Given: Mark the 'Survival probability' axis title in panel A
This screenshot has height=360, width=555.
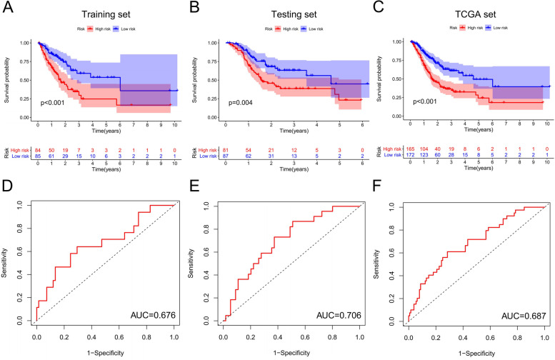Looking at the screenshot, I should point(8,78).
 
